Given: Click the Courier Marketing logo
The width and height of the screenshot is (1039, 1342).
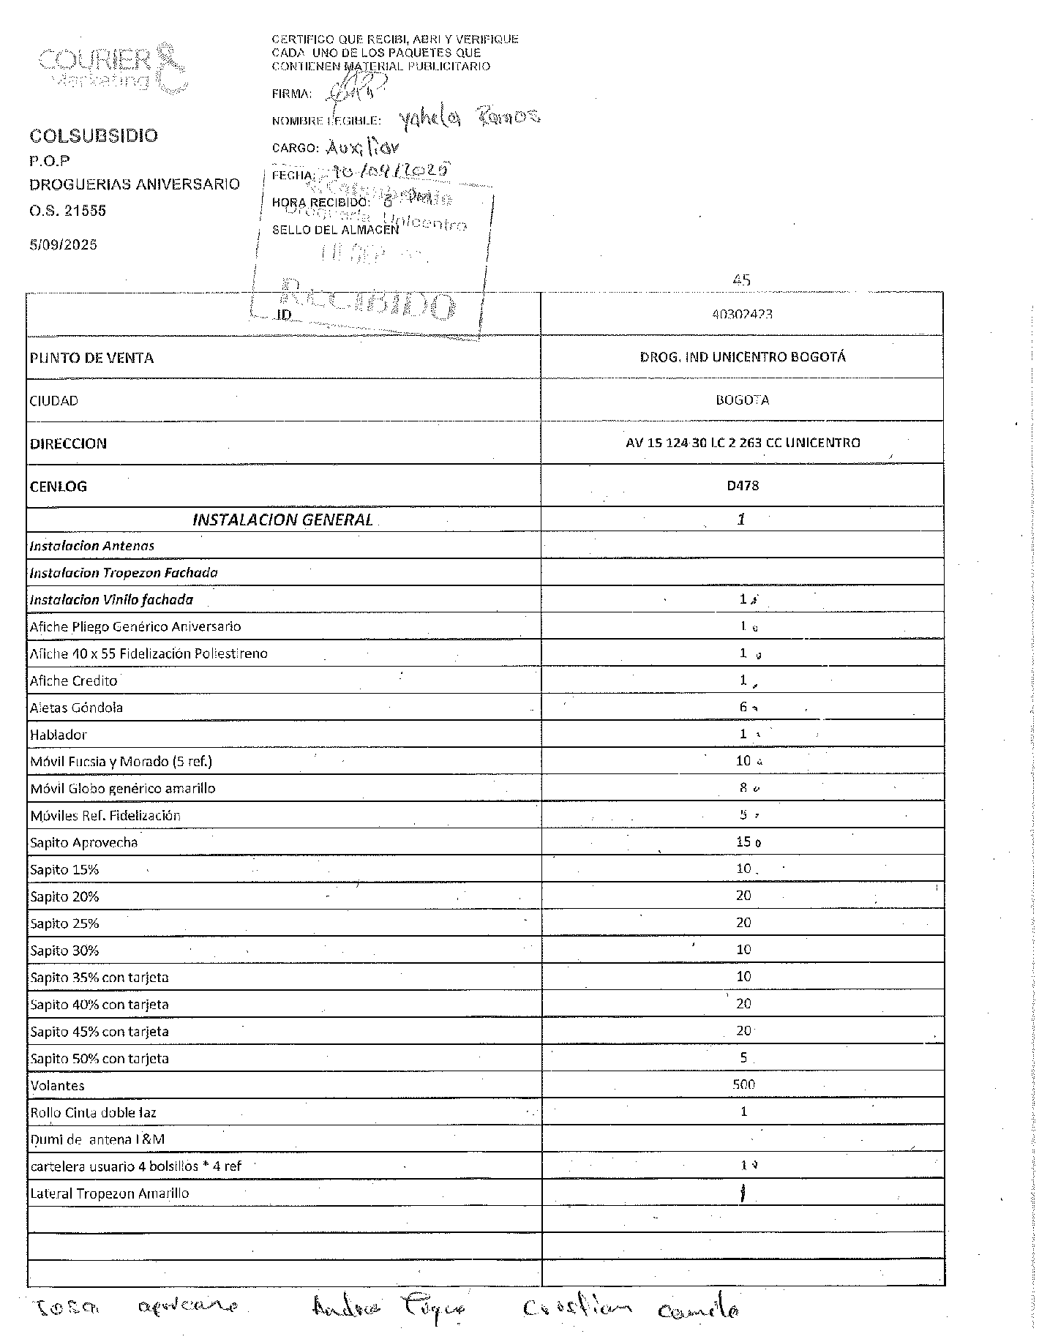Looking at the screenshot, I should pyautogui.click(x=110, y=68).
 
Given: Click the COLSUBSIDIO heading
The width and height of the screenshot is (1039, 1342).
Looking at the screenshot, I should pyautogui.click(x=94, y=136).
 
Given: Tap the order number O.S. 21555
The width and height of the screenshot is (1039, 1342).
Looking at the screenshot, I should pyautogui.click(x=68, y=211).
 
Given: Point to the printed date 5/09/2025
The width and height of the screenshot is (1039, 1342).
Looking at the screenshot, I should pyautogui.click(x=64, y=245).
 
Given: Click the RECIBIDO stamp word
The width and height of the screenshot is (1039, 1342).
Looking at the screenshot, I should pyautogui.click(x=366, y=300).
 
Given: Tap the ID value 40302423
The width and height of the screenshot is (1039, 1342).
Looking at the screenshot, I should pyautogui.click(x=742, y=315).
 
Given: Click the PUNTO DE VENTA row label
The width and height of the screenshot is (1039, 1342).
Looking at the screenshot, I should pyautogui.click(x=92, y=358).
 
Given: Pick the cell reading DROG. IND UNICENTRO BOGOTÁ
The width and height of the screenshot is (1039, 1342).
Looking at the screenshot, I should pyautogui.click(x=742, y=357).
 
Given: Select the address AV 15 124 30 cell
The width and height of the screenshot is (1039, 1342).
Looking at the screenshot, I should pyautogui.click(x=743, y=443).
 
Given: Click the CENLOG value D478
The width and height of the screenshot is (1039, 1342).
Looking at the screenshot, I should pyautogui.click(x=743, y=486).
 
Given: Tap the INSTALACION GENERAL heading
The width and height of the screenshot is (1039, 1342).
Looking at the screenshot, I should pyautogui.click(x=282, y=520).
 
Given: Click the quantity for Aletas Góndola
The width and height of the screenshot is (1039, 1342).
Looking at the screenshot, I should pyautogui.click(x=743, y=707).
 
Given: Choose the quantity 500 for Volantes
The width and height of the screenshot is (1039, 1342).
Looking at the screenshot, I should pyautogui.click(x=743, y=1084).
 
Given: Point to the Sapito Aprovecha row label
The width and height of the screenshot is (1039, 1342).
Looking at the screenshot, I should pyautogui.click(x=84, y=842).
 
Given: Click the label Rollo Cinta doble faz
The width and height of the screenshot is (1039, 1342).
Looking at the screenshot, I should pyautogui.click(x=94, y=1112).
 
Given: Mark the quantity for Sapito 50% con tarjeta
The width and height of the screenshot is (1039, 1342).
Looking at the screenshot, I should pyautogui.click(x=743, y=1057).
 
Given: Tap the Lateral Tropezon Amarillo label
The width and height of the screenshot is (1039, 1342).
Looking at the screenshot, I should pyautogui.click(x=110, y=1193).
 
